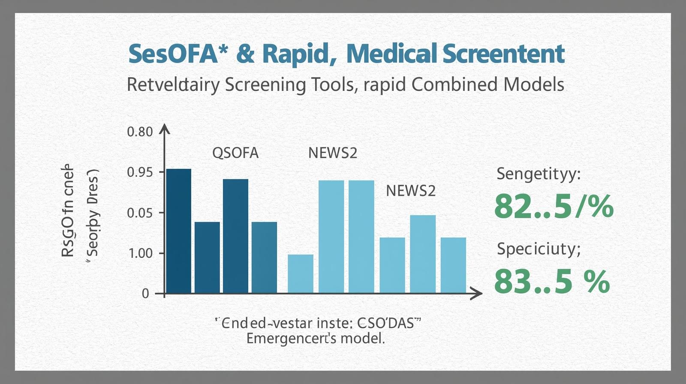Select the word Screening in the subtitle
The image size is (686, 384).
click(x=265, y=84)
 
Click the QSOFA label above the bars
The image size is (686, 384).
click(x=235, y=153)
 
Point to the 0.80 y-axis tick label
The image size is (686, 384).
click(x=140, y=132)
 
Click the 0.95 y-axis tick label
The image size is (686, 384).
click(x=140, y=172)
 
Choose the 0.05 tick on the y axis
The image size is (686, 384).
click(x=140, y=213)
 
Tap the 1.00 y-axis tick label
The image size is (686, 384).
click(x=141, y=253)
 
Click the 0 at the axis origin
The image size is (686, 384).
click(x=146, y=294)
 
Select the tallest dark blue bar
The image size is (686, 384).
click(x=178, y=231)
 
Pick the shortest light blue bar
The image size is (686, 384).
click(x=300, y=274)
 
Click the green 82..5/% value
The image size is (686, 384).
click(x=554, y=207)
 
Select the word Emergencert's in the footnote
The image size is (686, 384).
click(x=291, y=339)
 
